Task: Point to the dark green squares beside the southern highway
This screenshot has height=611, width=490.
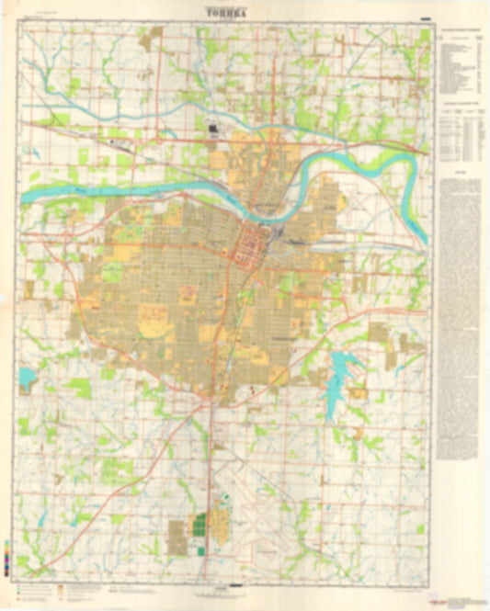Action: tap(199, 532)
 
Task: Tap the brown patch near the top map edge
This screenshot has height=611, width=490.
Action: tap(150, 38)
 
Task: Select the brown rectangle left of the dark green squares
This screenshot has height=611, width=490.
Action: tap(177, 534)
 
